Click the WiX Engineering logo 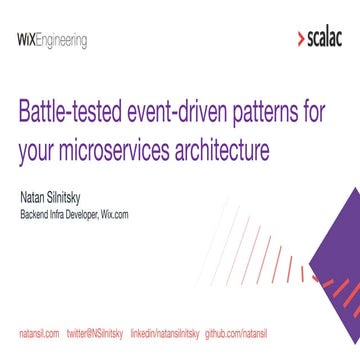52,41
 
